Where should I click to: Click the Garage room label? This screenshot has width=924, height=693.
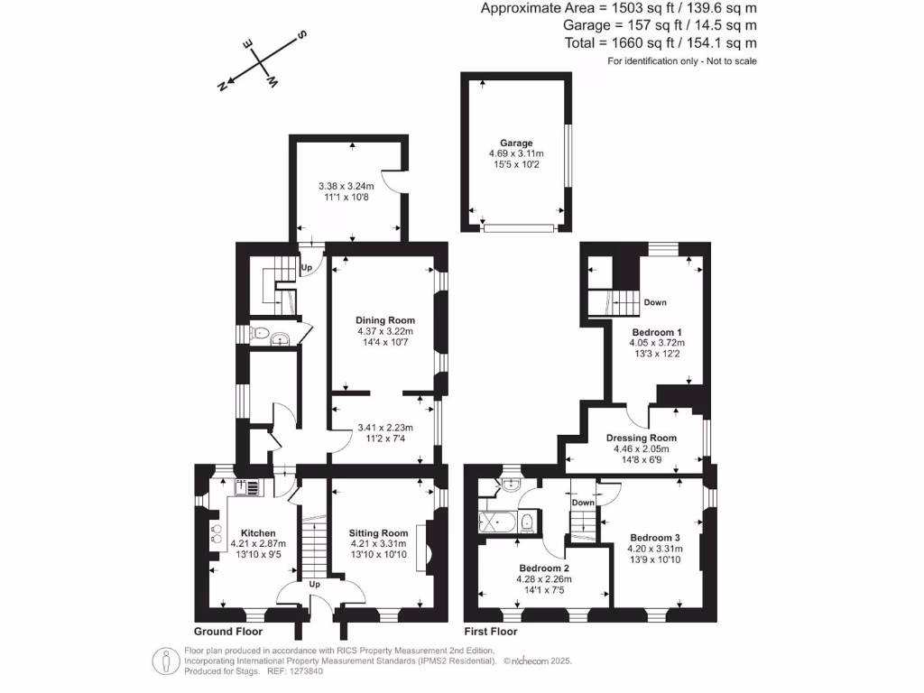point(517,143)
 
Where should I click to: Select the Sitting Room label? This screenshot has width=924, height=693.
point(379,533)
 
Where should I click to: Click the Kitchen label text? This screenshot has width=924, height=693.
point(258,533)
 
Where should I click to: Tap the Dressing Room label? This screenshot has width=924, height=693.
point(642,438)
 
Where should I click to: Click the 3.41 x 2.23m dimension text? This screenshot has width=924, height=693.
point(385,428)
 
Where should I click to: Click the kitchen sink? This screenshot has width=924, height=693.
point(247,488)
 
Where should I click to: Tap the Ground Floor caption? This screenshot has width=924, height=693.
point(228,632)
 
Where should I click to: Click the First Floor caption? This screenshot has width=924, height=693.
point(490,632)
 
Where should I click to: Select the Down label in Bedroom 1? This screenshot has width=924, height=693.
point(655,302)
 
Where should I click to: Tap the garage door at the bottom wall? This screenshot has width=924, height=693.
point(519,229)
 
